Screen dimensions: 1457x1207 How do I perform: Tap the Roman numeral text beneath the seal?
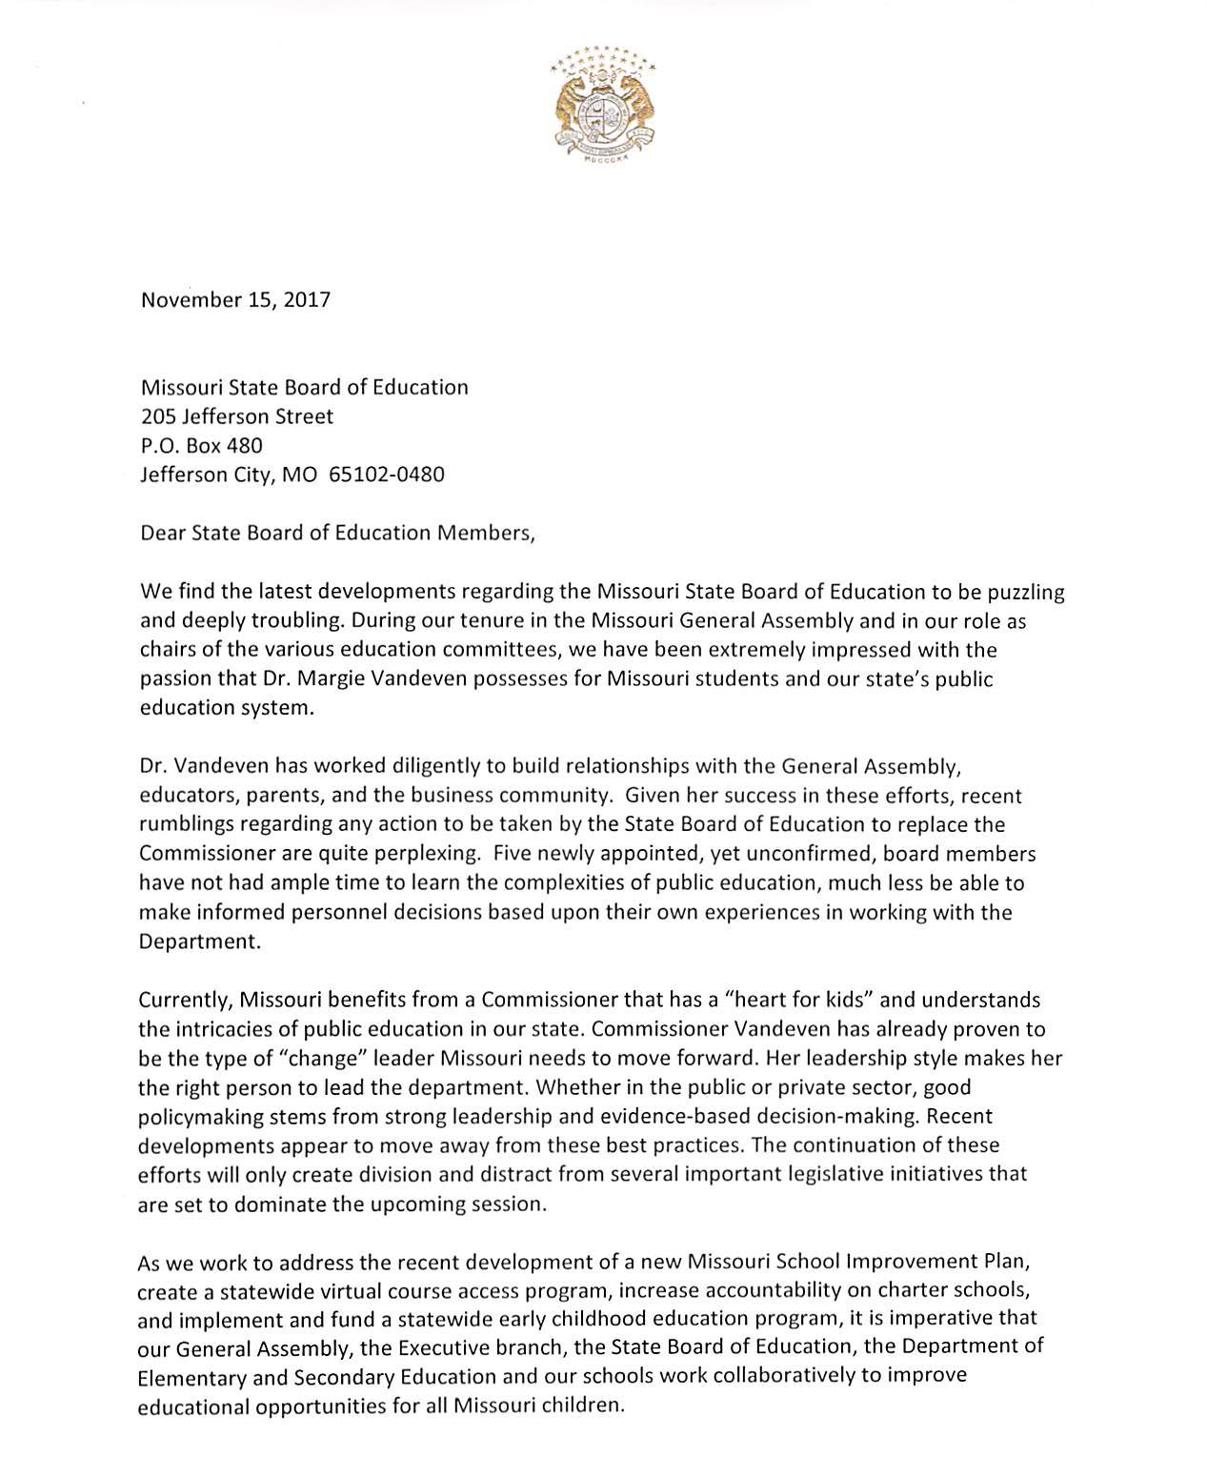[604, 162]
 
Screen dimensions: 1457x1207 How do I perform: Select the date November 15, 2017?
[235, 300]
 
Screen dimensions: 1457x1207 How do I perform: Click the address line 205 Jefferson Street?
[237, 416]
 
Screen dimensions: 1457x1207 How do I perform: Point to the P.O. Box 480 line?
[201, 445]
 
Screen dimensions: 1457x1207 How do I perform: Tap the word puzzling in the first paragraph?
[1025, 592]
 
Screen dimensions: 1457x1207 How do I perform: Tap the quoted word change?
[316, 1058]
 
